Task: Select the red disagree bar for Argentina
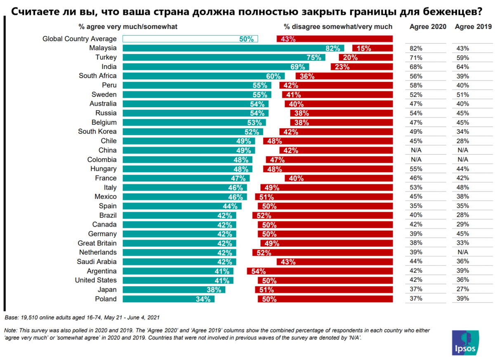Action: click(x=320, y=271)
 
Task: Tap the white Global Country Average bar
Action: click(x=190, y=39)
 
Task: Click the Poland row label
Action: click(x=106, y=299)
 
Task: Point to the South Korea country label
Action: click(x=97, y=132)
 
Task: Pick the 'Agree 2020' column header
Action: click(x=428, y=27)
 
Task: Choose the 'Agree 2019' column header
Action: click(x=473, y=27)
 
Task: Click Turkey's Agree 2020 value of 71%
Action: click(x=416, y=58)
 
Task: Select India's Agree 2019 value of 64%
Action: click(x=462, y=67)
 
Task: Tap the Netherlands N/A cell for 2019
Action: click(x=462, y=252)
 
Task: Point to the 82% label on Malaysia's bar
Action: click(x=332, y=48)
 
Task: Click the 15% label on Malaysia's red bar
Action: click(x=364, y=48)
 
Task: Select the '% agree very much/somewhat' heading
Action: click(x=128, y=27)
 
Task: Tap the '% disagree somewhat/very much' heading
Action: click(x=338, y=27)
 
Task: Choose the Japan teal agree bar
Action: click(x=174, y=290)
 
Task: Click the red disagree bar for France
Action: click(x=338, y=178)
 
